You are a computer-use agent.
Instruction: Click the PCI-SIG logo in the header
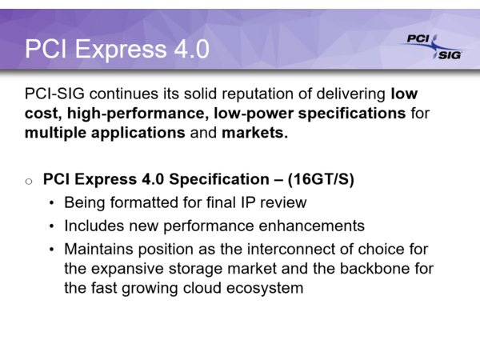tap(433, 47)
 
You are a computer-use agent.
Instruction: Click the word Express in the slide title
tap(121, 50)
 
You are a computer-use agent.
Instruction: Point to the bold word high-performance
tap(136, 114)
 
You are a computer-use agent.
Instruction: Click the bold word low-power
tap(254, 114)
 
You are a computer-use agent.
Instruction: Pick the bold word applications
tap(138, 133)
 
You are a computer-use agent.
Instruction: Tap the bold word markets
tap(254, 133)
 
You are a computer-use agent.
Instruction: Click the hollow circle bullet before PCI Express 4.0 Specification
tap(29, 182)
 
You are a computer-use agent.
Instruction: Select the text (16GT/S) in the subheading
tap(321, 179)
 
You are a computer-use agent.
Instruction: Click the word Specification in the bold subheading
tap(219, 180)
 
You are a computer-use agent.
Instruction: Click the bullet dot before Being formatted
tap(51, 203)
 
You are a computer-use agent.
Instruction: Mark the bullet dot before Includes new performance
tap(51, 226)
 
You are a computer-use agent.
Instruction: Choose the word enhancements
tap(312, 226)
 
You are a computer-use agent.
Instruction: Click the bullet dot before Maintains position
tap(51, 250)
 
